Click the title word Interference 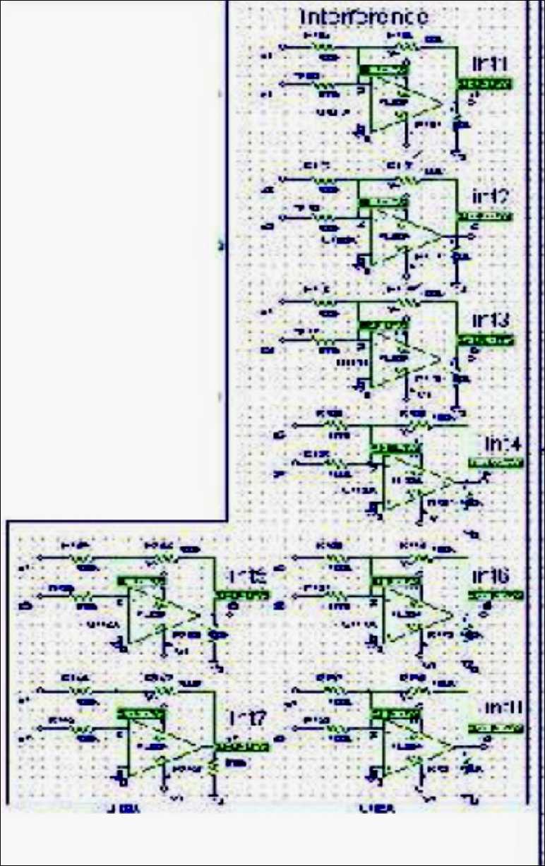point(364,16)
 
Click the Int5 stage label point(246,577)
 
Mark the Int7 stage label point(246,718)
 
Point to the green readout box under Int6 point(496,596)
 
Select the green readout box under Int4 point(496,463)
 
